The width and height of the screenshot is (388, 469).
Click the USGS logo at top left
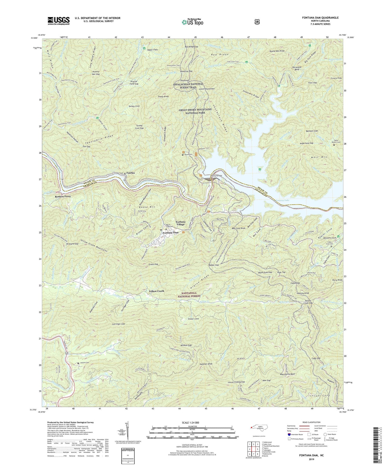[59, 21]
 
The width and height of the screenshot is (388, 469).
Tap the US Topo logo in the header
[192, 22]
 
